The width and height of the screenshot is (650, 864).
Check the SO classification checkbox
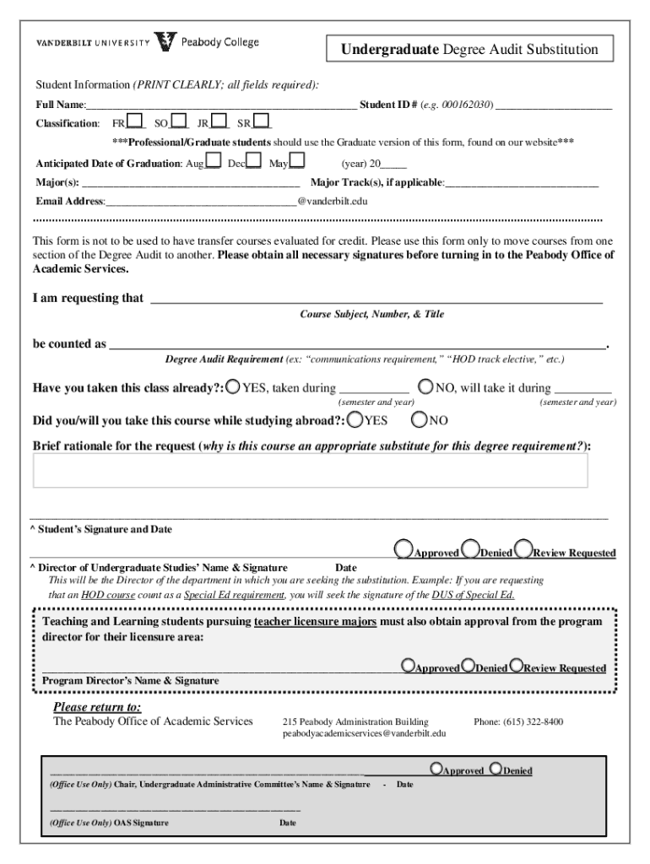click(179, 121)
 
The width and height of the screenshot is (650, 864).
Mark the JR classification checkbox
click(219, 121)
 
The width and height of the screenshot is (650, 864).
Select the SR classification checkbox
click(263, 121)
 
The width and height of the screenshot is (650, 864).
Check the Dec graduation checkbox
click(255, 160)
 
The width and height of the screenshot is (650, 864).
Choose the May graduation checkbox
click(296, 160)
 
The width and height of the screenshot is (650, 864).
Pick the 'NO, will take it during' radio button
click(426, 387)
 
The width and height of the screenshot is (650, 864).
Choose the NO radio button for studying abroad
click(420, 419)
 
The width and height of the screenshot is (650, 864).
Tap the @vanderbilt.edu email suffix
click(333, 202)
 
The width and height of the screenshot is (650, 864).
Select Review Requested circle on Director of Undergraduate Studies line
click(523, 550)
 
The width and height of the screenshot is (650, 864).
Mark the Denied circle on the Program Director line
click(469, 666)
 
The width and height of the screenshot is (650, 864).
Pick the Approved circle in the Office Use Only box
click(436, 769)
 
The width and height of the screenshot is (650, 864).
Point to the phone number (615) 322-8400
click(518, 722)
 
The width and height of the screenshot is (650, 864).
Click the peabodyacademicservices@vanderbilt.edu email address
click(364, 734)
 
